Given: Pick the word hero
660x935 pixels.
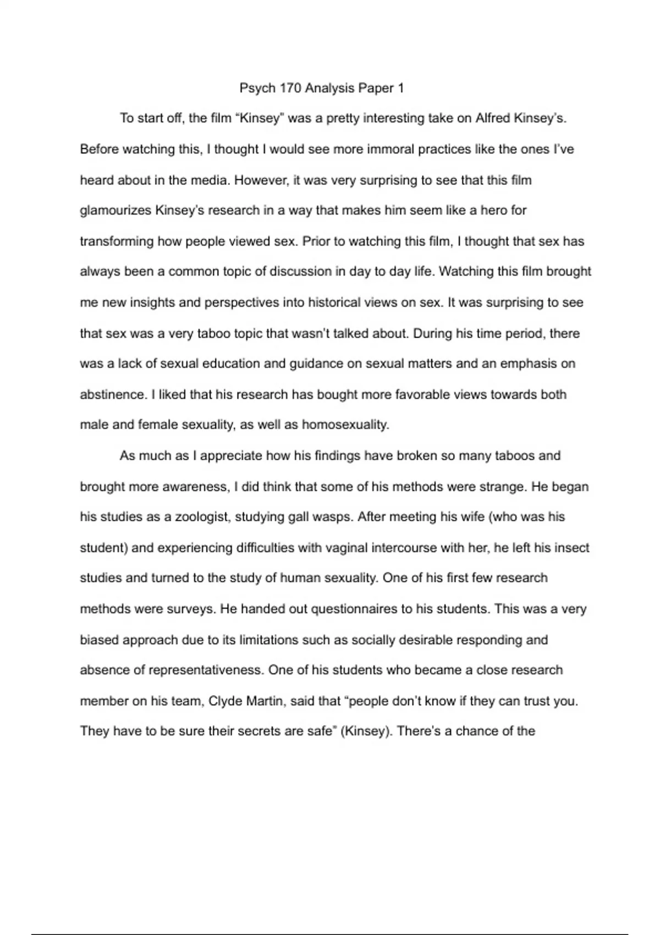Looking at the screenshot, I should (x=494, y=210).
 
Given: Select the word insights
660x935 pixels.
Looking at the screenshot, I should (x=156, y=302).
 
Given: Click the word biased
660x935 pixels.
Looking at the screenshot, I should (x=99, y=640).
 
